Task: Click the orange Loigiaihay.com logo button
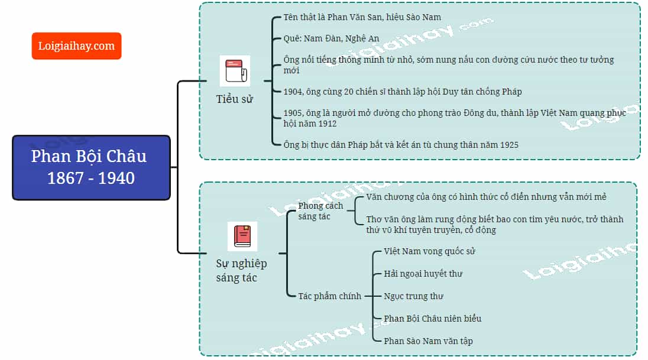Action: click(x=76, y=46)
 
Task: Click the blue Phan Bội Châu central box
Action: click(x=91, y=167)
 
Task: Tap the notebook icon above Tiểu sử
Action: click(x=235, y=71)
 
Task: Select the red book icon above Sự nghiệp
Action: click(x=242, y=236)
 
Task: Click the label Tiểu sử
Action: click(x=234, y=99)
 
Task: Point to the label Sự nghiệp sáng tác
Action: click(x=241, y=270)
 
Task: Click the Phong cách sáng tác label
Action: click(x=320, y=211)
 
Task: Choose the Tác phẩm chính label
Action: click(x=330, y=296)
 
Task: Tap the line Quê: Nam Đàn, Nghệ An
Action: click(x=331, y=38)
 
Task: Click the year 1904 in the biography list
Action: click(x=293, y=92)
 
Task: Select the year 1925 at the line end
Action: click(x=509, y=145)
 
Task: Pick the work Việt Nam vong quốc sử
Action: click(x=429, y=251)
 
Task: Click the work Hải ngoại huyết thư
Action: click(x=423, y=274)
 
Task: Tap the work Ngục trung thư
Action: click(x=413, y=296)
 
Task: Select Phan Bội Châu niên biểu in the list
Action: click(x=433, y=319)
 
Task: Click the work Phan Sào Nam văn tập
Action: click(x=428, y=341)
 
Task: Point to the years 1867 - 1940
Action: click(x=91, y=178)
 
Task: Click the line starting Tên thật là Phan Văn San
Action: click(x=362, y=17)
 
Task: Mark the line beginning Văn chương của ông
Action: click(x=486, y=197)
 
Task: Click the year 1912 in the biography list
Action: click(x=328, y=124)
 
